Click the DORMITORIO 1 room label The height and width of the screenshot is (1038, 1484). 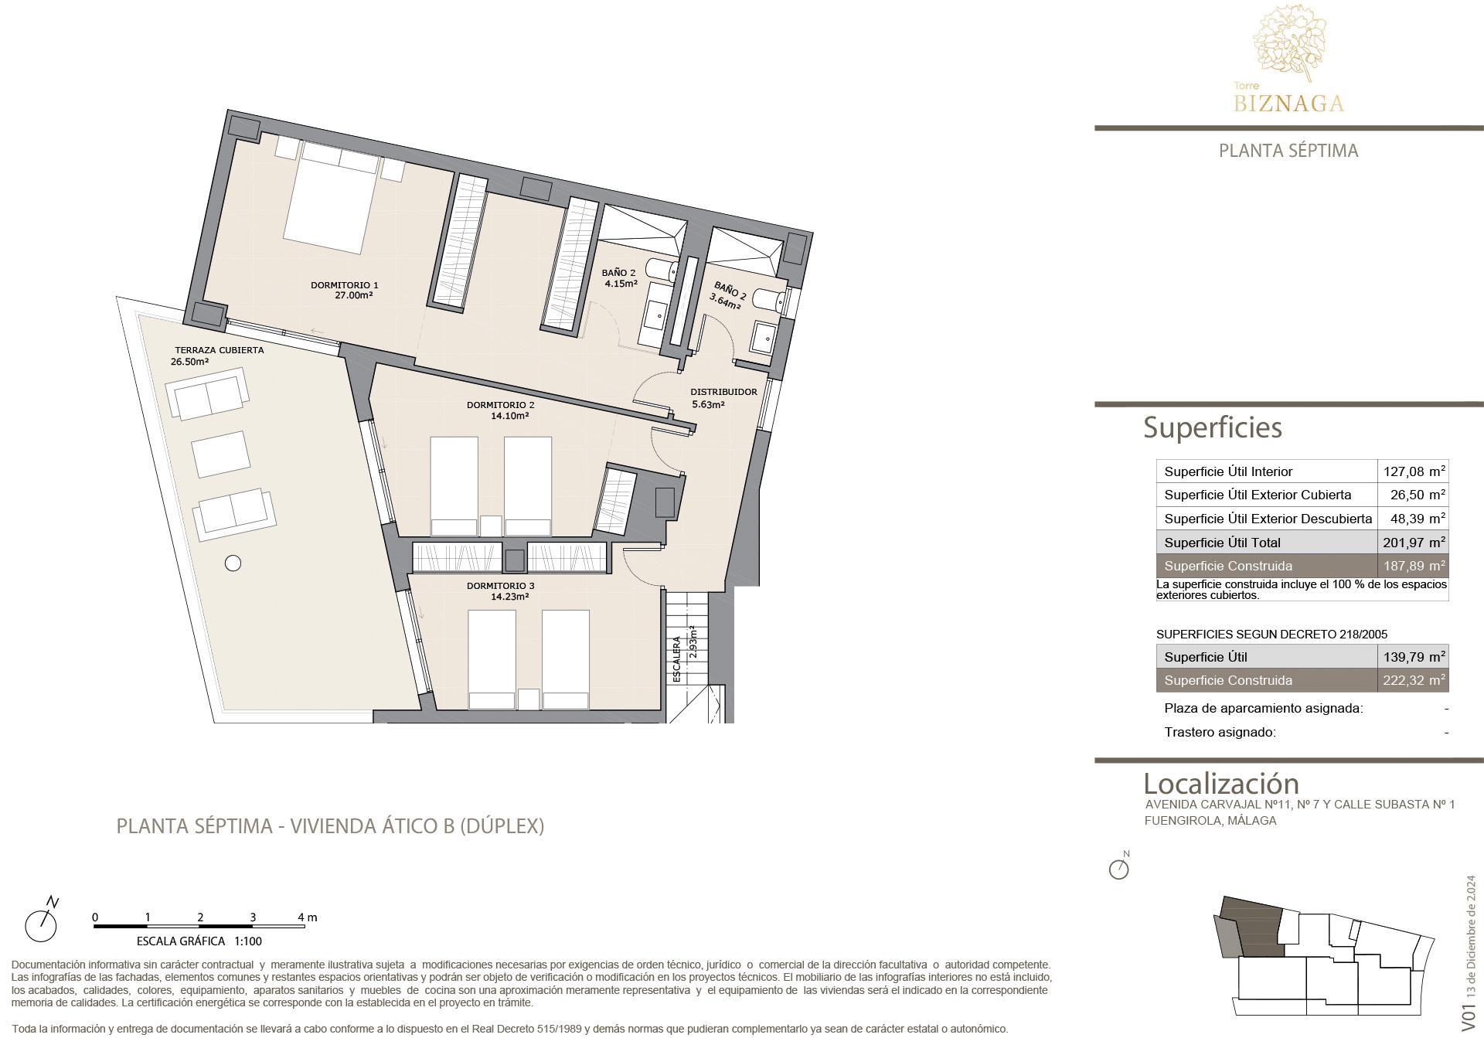pos(345,285)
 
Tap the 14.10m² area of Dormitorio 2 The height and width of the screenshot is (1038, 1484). pos(510,416)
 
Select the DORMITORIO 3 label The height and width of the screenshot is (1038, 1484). pos(501,586)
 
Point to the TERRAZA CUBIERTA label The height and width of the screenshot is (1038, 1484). pos(220,350)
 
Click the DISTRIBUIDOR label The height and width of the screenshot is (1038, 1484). pos(723,392)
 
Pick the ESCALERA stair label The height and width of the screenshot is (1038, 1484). pos(677,659)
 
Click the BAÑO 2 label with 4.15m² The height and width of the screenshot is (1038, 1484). pos(619,273)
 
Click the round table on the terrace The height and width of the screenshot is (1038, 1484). pos(233,563)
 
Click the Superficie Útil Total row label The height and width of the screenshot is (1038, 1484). pos(1222,543)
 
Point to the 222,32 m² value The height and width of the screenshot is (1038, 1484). pos(1414,680)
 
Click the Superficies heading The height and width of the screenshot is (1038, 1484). pos(1212,427)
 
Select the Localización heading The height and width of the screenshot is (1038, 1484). pos(1221,783)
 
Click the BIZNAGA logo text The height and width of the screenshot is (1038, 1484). pos(1288,104)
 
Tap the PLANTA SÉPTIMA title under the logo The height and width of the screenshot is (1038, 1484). pos(1288,151)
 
